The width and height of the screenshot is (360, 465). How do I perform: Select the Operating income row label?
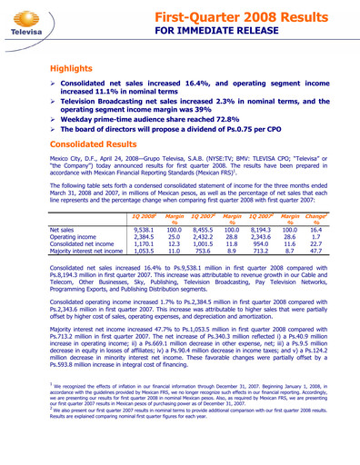(x=75, y=240)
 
